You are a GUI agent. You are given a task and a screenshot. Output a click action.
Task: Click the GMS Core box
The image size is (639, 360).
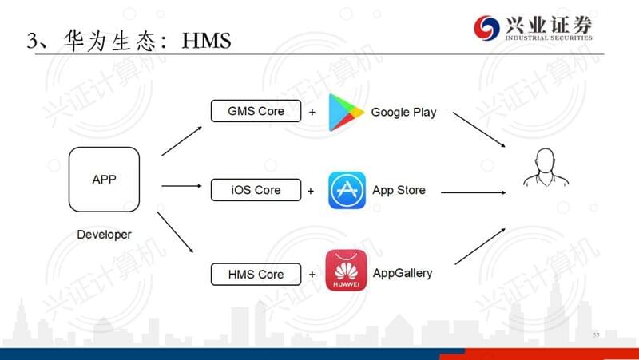(x=256, y=111)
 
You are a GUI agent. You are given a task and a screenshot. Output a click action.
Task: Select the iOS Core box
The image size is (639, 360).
(x=256, y=190)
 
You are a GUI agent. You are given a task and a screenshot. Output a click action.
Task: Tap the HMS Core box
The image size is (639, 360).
(x=256, y=274)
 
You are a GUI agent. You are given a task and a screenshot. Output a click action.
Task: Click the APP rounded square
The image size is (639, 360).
(x=104, y=180)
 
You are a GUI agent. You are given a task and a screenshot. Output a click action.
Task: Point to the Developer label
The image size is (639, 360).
(x=104, y=235)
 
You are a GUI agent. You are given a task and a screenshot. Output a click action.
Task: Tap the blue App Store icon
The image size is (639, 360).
(x=347, y=190)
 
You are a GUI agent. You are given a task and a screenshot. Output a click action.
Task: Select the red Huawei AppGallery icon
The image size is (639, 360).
(x=346, y=271)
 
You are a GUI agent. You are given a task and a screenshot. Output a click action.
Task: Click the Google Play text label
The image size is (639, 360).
(x=403, y=112)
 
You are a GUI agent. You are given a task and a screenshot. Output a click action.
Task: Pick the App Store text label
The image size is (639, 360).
(x=399, y=190)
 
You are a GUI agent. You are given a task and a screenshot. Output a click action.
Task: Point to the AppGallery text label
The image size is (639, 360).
(x=403, y=273)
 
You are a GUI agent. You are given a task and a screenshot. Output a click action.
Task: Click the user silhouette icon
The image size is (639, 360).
(x=546, y=168)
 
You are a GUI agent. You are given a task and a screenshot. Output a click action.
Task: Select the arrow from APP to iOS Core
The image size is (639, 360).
(x=181, y=186)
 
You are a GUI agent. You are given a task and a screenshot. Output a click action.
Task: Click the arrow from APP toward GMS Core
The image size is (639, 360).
(x=182, y=141)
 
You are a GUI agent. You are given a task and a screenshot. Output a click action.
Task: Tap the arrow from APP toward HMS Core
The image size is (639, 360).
(x=175, y=232)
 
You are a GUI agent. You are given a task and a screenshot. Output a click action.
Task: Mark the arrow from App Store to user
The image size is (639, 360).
(x=474, y=192)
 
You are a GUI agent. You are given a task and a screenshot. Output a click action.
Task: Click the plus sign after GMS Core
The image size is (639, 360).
(x=312, y=112)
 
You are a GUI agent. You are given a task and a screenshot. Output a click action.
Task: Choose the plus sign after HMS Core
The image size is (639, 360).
(x=312, y=275)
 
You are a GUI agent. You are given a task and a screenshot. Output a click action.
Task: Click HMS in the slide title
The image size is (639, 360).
(x=206, y=41)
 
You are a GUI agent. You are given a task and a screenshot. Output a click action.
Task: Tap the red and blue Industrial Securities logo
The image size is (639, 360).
(x=486, y=28)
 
